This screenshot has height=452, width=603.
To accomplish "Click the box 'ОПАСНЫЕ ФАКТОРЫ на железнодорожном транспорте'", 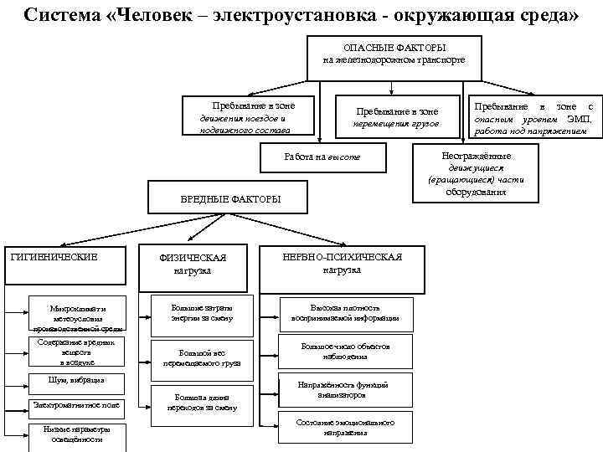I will (394, 54).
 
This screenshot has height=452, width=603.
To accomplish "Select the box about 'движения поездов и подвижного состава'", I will (245, 117).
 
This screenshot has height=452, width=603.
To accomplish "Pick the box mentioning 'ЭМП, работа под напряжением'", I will (533, 118).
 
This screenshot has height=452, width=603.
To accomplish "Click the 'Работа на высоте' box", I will (322, 157).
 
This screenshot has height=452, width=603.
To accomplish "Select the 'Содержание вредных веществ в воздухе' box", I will (76, 352).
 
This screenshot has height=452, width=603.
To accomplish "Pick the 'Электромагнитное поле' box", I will (76, 405).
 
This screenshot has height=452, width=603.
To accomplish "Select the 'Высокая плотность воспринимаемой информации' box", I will (345, 312).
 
